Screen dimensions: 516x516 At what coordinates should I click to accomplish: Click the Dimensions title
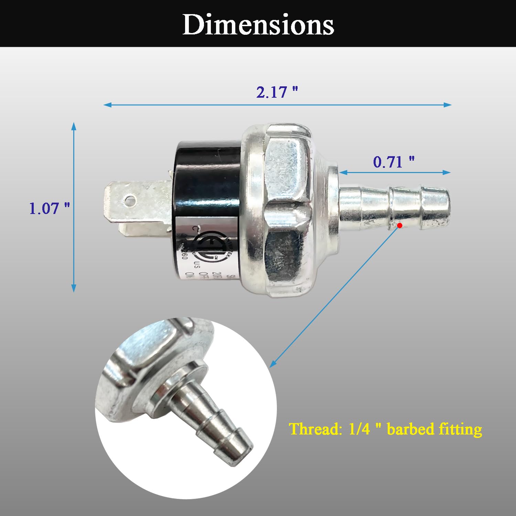pyautogui.click(x=258, y=25)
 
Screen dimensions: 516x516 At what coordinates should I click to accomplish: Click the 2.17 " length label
pyautogui.click(x=277, y=92)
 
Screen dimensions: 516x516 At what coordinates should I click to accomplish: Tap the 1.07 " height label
pyautogui.click(x=49, y=208)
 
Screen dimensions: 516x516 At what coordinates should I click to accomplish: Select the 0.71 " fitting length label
pyautogui.click(x=394, y=162)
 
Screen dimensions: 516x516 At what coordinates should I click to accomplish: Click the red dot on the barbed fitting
pyautogui.click(x=400, y=226)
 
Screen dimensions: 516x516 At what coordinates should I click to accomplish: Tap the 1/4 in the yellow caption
pyautogui.click(x=359, y=429)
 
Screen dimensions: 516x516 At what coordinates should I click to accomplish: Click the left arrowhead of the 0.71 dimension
pyautogui.click(x=342, y=172)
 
